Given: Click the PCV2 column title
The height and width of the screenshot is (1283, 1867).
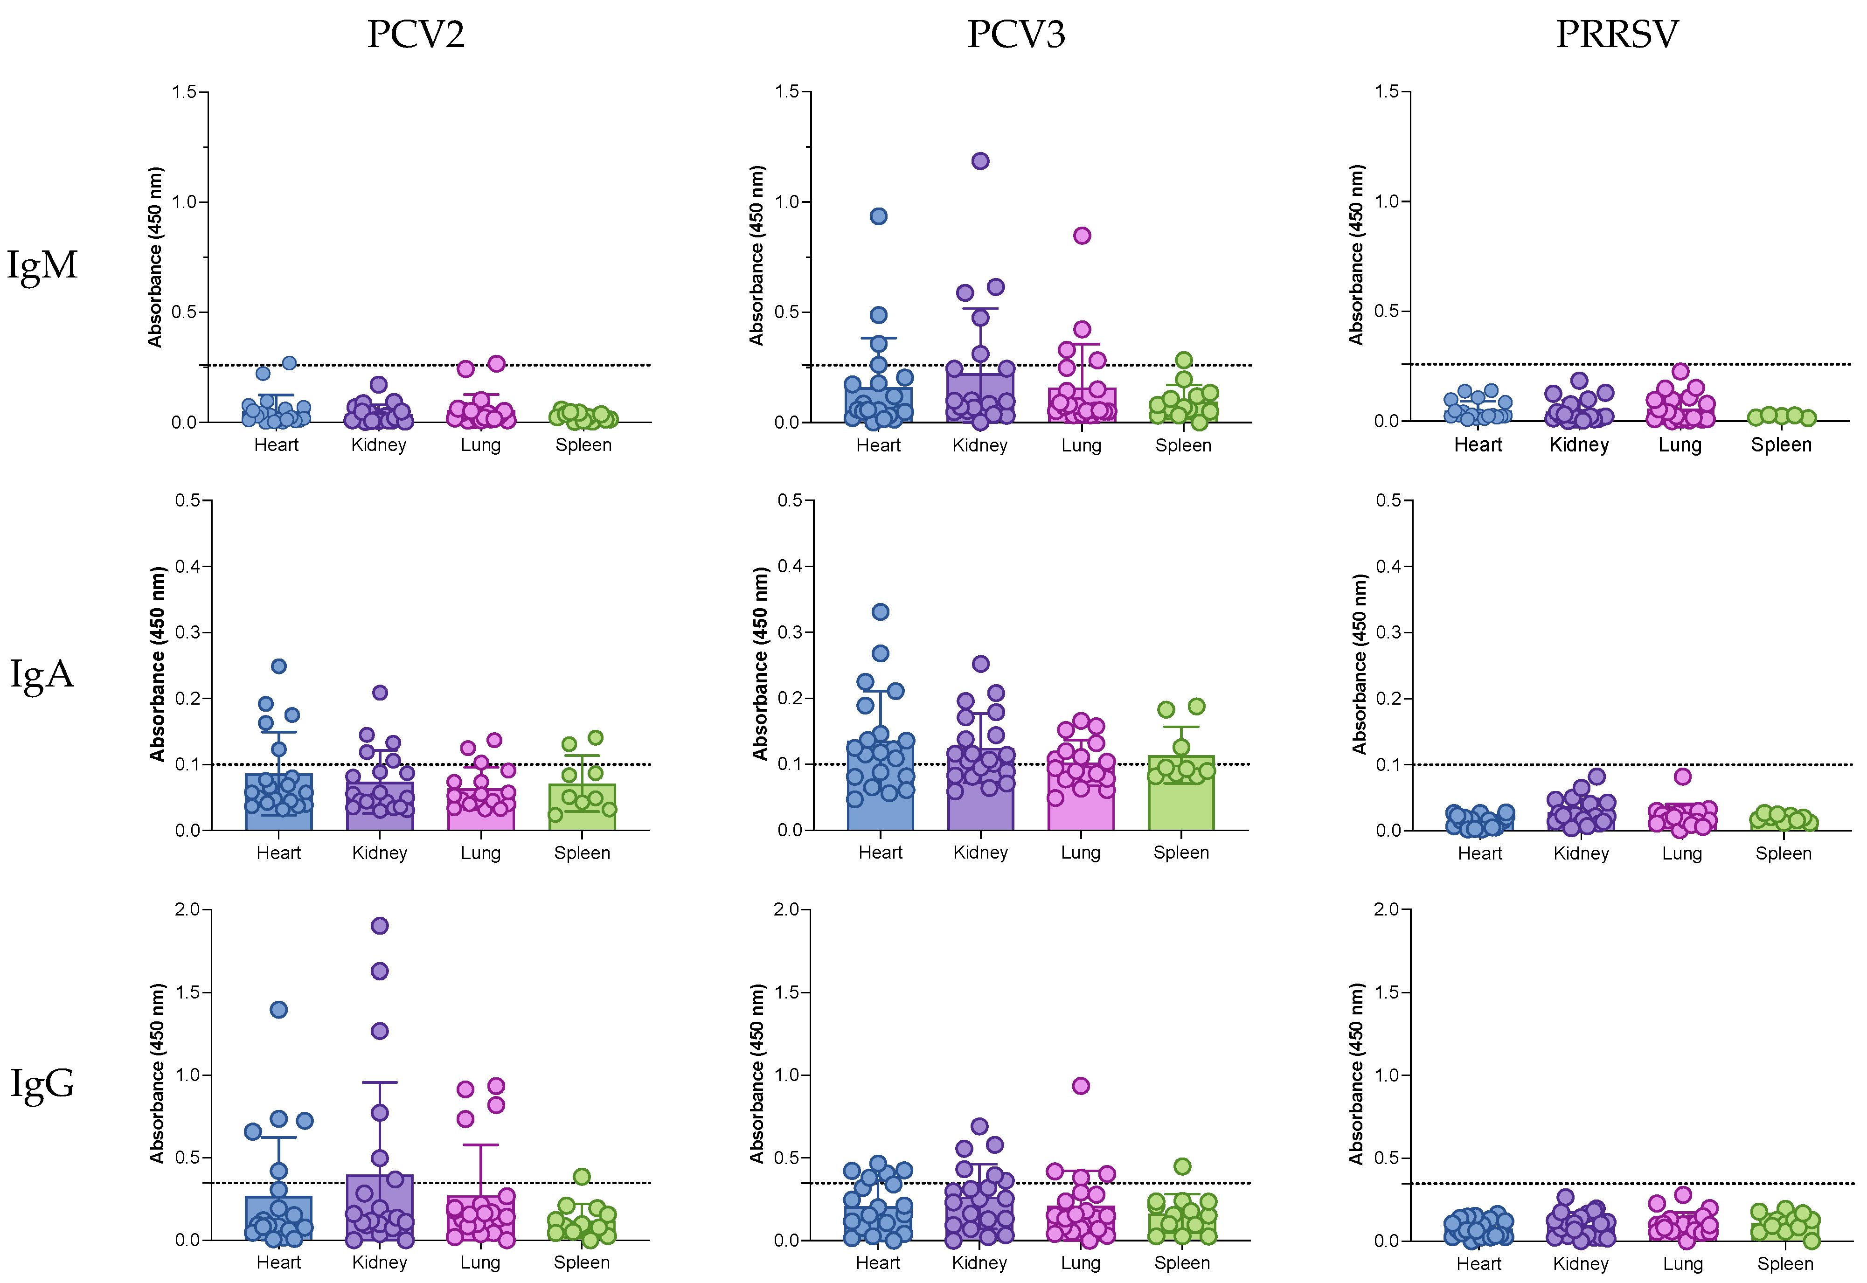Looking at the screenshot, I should pos(416,34).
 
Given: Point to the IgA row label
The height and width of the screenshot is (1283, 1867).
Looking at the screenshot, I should pos(42,673).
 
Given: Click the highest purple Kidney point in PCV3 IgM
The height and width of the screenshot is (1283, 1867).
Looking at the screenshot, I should pos(980,161).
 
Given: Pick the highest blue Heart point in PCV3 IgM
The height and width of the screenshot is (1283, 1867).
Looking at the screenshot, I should pos(878,216).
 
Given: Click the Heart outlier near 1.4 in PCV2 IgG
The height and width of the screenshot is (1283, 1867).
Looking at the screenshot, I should pos(279,1010).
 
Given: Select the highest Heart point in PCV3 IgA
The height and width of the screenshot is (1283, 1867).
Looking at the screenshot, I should pos(880,612).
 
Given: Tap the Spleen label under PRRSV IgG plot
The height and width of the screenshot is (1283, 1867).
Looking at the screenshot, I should pos(1784,1264).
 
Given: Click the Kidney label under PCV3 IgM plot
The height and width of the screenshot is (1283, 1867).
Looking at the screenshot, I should pos(980,445).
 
